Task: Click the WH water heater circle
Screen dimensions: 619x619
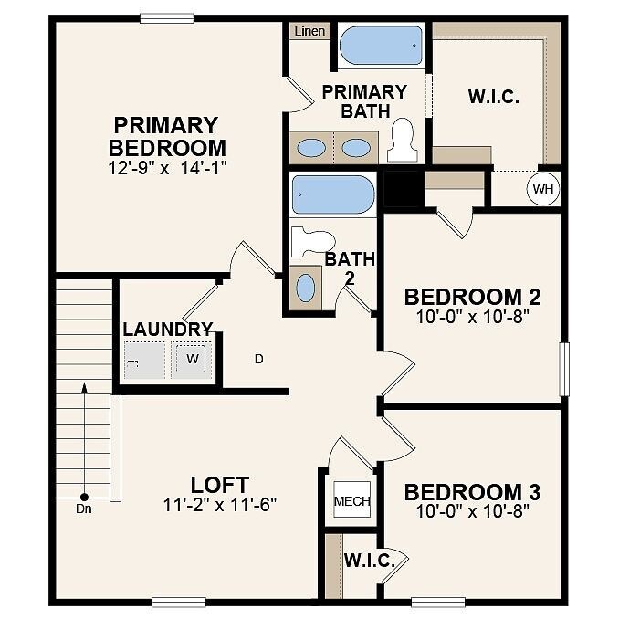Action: [x=543, y=189]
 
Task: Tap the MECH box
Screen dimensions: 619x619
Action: [x=351, y=499]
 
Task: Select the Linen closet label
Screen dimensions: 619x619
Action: [x=309, y=31]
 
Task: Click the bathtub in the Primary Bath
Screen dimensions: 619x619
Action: [x=381, y=46]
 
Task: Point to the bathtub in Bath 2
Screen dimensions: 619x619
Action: [x=333, y=194]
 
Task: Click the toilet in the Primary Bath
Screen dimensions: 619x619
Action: [x=403, y=141]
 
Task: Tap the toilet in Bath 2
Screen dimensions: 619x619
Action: [x=312, y=241]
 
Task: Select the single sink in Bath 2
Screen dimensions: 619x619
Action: [x=306, y=288]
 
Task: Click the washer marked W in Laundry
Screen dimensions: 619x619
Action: [x=192, y=359]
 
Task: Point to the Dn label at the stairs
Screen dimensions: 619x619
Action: [x=84, y=509]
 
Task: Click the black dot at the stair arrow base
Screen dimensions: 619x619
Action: [x=84, y=497]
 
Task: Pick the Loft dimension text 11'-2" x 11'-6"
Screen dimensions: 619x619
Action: [x=220, y=505]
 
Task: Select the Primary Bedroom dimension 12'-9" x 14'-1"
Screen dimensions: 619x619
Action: [x=168, y=168]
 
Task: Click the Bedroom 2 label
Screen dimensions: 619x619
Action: [x=473, y=297]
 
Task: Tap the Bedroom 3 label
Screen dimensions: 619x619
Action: [x=473, y=492]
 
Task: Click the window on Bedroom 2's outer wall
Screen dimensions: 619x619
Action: [x=564, y=369]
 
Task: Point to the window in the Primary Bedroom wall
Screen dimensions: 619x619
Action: [x=167, y=18]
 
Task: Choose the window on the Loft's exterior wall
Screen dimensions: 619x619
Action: [x=179, y=602]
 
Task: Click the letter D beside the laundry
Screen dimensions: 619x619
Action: [x=259, y=359]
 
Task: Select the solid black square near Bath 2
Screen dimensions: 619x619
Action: [x=402, y=189]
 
